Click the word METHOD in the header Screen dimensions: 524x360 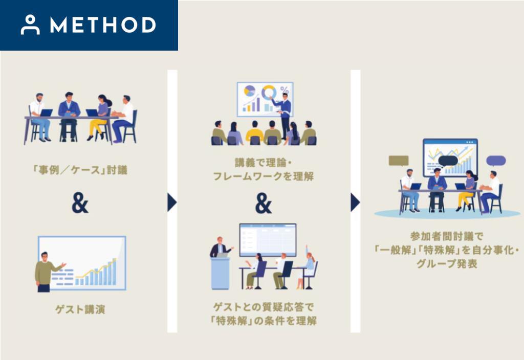click(x=103, y=25)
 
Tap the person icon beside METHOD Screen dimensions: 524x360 click(x=30, y=25)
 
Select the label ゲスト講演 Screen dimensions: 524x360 click(x=80, y=309)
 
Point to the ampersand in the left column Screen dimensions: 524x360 click(x=80, y=204)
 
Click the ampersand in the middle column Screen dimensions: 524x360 click(x=264, y=204)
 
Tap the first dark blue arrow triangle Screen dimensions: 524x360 click(x=172, y=202)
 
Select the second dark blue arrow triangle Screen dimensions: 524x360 click(x=355, y=202)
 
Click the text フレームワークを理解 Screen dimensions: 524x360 click(x=264, y=176)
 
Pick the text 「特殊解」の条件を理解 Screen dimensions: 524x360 click(x=264, y=321)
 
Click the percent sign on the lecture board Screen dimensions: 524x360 click(x=285, y=89)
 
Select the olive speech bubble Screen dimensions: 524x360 click(x=399, y=161)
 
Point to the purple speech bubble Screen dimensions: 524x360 click(x=496, y=161)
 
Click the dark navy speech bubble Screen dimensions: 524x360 click(x=448, y=161)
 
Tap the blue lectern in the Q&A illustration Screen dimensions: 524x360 click(x=220, y=273)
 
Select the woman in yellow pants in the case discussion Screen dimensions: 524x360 click(x=101, y=118)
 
